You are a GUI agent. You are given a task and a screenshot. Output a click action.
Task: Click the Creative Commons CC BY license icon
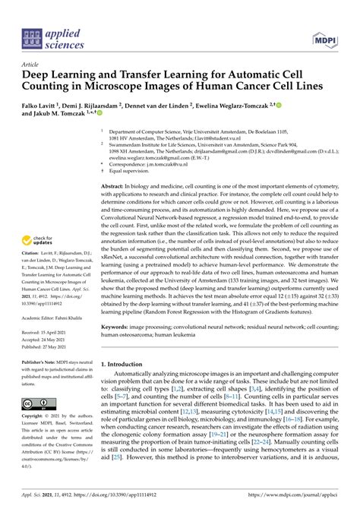tap(36, 403)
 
